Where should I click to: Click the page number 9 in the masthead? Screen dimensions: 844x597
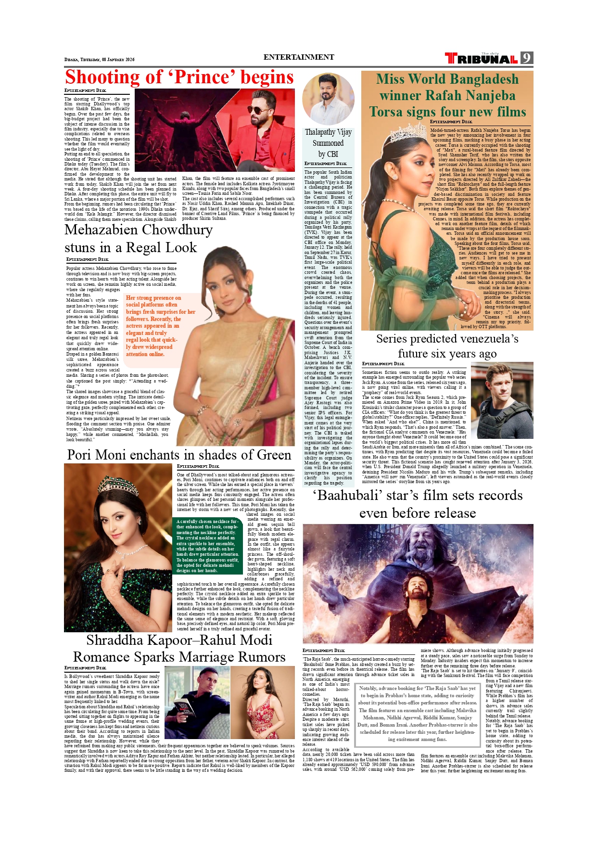(527, 58)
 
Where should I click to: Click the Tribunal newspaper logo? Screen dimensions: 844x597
(481, 59)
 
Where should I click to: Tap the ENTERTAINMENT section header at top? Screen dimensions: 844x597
(298, 57)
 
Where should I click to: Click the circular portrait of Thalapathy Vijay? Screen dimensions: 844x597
(328, 98)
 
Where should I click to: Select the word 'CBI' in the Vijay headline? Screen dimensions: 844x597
(332, 154)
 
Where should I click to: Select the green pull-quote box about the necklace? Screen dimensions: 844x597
(207, 546)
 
